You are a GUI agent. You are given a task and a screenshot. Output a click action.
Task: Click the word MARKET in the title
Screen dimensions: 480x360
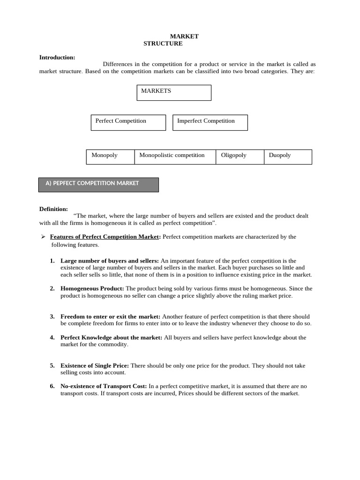coord(184,36)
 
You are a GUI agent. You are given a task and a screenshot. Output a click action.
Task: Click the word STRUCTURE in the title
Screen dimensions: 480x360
coord(163,44)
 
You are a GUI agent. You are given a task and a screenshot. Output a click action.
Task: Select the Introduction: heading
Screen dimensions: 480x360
coord(57,57)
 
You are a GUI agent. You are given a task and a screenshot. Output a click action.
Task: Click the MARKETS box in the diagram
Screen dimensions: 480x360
coord(174,92)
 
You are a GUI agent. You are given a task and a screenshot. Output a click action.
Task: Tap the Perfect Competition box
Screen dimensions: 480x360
coord(128,122)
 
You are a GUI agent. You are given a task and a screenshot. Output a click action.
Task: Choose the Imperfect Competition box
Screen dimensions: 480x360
coord(210,122)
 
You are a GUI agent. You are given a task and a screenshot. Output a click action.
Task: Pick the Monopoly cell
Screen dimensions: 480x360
coord(111,157)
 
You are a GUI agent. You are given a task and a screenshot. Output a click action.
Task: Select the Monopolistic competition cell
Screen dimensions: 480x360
coord(175,157)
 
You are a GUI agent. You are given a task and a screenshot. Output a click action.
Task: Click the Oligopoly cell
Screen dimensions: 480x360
coord(240,157)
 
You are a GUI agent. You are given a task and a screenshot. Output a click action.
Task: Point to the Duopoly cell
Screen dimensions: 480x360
coord(288,157)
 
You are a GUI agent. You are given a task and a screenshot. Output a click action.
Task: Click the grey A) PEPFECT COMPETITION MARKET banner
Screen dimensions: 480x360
coord(98,184)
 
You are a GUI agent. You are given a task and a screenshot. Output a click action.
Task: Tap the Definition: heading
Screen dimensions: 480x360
coord(53,209)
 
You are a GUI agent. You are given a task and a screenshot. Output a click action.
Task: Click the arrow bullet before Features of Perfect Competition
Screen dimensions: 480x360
coord(43,237)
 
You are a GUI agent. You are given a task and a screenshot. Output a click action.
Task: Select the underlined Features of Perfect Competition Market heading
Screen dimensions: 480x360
coord(105,237)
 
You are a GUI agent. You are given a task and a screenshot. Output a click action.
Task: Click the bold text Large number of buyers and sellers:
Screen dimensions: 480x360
coord(110,261)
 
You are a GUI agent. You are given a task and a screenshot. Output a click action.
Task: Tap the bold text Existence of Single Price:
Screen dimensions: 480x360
coord(95,365)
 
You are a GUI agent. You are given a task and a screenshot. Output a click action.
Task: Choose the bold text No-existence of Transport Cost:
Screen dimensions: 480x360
coord(104,386)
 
